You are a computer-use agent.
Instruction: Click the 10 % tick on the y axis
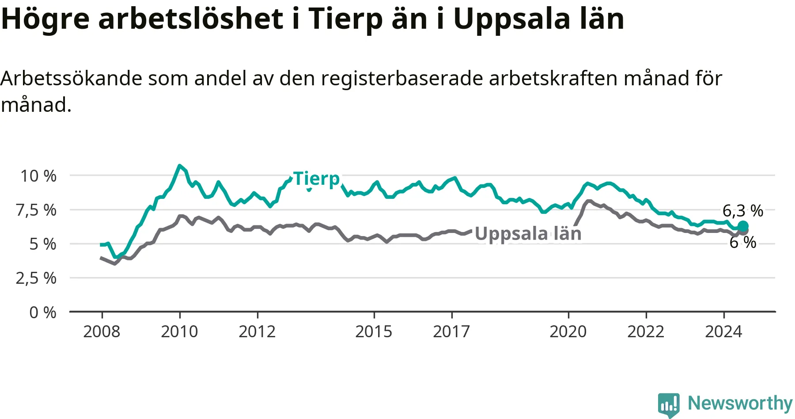(x=38, y=176)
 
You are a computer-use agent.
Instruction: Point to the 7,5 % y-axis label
(x=36, y=210)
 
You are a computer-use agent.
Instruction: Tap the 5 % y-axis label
(x=43, y=244)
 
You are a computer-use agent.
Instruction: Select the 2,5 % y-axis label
(x=36, y=278)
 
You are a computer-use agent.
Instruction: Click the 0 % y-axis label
(x=43, y=312)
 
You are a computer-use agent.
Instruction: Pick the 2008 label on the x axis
(x=102, y=331)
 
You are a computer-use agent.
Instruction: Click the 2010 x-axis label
(x=179, y=331)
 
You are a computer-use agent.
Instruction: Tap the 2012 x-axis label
(x=257, y=331)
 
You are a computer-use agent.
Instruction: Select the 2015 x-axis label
(x=374, y=331)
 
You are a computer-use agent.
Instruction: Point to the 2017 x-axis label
(x=451, y=331)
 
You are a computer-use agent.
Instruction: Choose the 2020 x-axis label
(x=568, y=331)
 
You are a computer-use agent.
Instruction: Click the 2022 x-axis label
(x=646, y=331)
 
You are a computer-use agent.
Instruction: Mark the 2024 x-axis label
(x=723, y=331)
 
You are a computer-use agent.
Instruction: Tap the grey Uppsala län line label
(x=528, y=234)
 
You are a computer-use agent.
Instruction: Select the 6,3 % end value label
(x=743, y=211)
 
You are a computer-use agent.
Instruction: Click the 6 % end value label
(x=743, y=242)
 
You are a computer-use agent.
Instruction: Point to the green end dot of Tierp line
(x=743, y=227)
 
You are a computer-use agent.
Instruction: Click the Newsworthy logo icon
(x=669, y=404)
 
